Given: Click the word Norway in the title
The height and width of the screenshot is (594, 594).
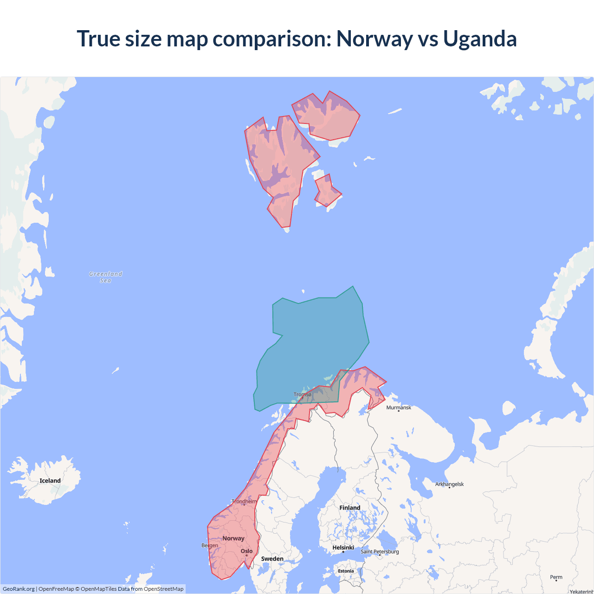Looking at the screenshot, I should (x=374, y=39).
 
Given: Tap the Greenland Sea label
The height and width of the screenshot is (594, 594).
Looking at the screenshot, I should (x=106, y=277).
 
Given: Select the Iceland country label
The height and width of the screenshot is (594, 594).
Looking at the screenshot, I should (x=50, y=481).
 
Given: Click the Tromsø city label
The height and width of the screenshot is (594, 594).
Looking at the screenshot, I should (x=303, y=394).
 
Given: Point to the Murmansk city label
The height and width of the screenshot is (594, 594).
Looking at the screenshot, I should (x=399, y=407).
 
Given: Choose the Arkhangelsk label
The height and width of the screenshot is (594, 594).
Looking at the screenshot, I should (x=449, y=484).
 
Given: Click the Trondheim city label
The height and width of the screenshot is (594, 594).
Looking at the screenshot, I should (x=244, y=501).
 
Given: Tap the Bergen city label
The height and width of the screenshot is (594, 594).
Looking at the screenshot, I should (x=210, y=545).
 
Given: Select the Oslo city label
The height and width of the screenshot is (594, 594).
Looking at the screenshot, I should (x=247, y=551).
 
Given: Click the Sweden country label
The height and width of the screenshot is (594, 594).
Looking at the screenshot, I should (x=272, y=559).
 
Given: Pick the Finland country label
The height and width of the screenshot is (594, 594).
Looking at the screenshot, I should (x=349, y=508).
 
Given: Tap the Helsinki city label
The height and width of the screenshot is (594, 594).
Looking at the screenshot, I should (x=343, y=548).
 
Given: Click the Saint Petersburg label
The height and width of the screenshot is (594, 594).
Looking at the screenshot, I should (x=380, y=551).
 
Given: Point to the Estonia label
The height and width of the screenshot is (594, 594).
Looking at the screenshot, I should (x=346, y=571).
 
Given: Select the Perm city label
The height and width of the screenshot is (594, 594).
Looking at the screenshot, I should (x=556, y=577).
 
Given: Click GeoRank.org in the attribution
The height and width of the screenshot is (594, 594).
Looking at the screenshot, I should (x=19, y=589).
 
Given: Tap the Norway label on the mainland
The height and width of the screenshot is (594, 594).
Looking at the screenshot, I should (x=233, y=538).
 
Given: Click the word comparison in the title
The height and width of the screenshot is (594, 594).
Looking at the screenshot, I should (x=272, y=39).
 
